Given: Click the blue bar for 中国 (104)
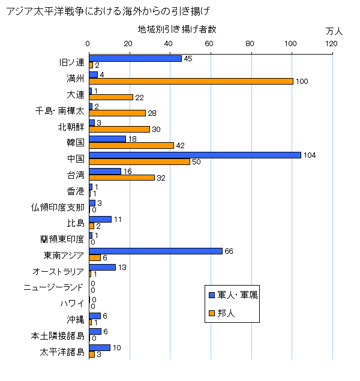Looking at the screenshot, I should (x=195, y=155).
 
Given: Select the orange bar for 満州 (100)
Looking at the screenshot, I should (x=191, y=81).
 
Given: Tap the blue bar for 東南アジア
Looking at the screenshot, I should (x=155, y=251).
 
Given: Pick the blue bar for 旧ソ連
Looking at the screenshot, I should (x=135, y=58).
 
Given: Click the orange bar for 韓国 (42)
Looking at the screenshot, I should (x=131, y=145).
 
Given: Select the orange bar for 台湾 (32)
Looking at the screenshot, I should (x=121, y=178).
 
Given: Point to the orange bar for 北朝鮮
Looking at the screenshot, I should (x=119, y=129).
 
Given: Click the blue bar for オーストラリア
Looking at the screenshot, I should (x=102, y=267).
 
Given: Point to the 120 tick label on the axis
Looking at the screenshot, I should (x=332, y=43).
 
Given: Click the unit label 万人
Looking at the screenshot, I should (x=334, y=30).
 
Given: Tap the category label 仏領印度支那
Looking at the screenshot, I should (x=58, y=208).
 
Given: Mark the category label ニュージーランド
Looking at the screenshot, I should (x=53, y=287).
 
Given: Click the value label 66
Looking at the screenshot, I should (x=229, y=251).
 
